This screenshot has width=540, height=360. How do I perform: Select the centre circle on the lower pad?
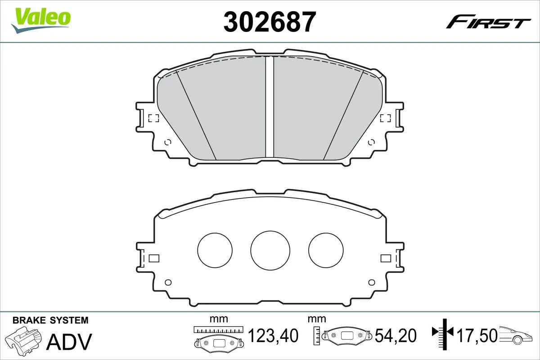pyautogui.click(x=270, y=251)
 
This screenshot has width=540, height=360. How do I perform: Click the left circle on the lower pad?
pyautogui.click(x=215, y=250)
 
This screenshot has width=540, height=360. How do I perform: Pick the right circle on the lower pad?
pyautogui.click(x=326, y=250)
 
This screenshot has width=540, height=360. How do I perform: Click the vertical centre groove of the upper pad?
pyautogui.click(x=270, y=108)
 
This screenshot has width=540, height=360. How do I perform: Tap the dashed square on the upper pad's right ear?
pyautogui.click(x=385, y=118)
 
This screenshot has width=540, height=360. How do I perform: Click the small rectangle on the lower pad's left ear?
pyautogui.click(x=154, y=258)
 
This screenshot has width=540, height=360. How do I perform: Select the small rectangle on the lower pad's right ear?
pyautogui.click(x=386, y=258)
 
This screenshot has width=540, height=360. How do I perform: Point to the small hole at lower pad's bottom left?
pyautogui.click(x=168, y=283)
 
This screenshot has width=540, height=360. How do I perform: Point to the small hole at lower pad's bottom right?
pyautogui.click(x=371, y=283)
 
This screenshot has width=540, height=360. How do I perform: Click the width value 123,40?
pyautogui.click(x=274, y=336)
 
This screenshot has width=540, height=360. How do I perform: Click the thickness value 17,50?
pyautogui.click(x=477, y=336)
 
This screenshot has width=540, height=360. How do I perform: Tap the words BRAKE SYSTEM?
pyautogui.click(x=50, y=320)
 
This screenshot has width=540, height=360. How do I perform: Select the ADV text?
pyautogui.click(x=70, y=342)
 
